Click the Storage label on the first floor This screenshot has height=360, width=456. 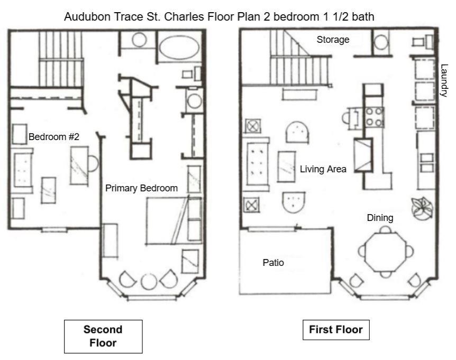[x=333, y=39]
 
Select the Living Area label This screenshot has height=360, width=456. [x=323, y=170]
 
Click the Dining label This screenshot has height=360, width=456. [x=380, y=217]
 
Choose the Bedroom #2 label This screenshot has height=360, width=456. [x=54, y=137]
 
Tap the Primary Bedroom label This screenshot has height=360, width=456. [x=141, y=188]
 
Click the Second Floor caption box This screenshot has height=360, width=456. [x=103, y=336]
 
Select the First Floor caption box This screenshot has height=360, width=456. [x=335, y=330]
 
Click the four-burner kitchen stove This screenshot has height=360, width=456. [x=373, y=117]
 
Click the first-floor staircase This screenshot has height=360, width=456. [x=299, y=61]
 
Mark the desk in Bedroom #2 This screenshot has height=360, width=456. [x=80, y=164]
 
